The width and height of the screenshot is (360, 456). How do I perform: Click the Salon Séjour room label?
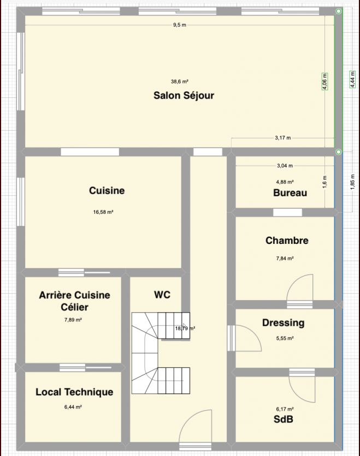[x=184, y=95]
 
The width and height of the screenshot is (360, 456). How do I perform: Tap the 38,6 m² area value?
[x=180, y=81]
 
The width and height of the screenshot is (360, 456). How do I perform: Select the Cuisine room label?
[x=107, y=190]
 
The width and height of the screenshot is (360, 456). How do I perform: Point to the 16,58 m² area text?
[x=103, y=212]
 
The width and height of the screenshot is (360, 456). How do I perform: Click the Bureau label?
[x=290, y=193]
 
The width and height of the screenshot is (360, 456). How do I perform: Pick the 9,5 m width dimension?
[x=180, y=25]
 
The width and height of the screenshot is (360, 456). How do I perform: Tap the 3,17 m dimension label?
[x=283, y=138]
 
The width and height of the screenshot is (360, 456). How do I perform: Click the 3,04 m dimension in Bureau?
[x=285, y=166]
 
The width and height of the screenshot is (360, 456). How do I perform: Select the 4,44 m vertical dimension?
[x=352, y=79]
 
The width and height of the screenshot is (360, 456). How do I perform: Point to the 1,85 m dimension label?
[x=352, y=182]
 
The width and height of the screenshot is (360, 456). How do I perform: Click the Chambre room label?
[x=287, y=241]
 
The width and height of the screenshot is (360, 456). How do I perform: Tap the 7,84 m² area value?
[x=285, y=258]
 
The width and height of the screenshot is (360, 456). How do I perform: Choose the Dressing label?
[x=284, y=323]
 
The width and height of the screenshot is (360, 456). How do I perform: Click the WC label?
[x=162, y=295]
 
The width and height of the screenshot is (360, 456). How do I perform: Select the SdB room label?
[x=284, y=419]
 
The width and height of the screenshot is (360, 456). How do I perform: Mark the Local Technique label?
[x=74, y=392]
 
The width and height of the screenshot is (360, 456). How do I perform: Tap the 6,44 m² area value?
[x=73, y=407]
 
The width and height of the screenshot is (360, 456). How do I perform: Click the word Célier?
[x=74, y=307]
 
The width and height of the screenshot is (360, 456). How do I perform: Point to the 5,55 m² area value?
[x=285, y=338]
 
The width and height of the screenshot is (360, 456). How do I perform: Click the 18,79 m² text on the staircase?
[x=185, y=329]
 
